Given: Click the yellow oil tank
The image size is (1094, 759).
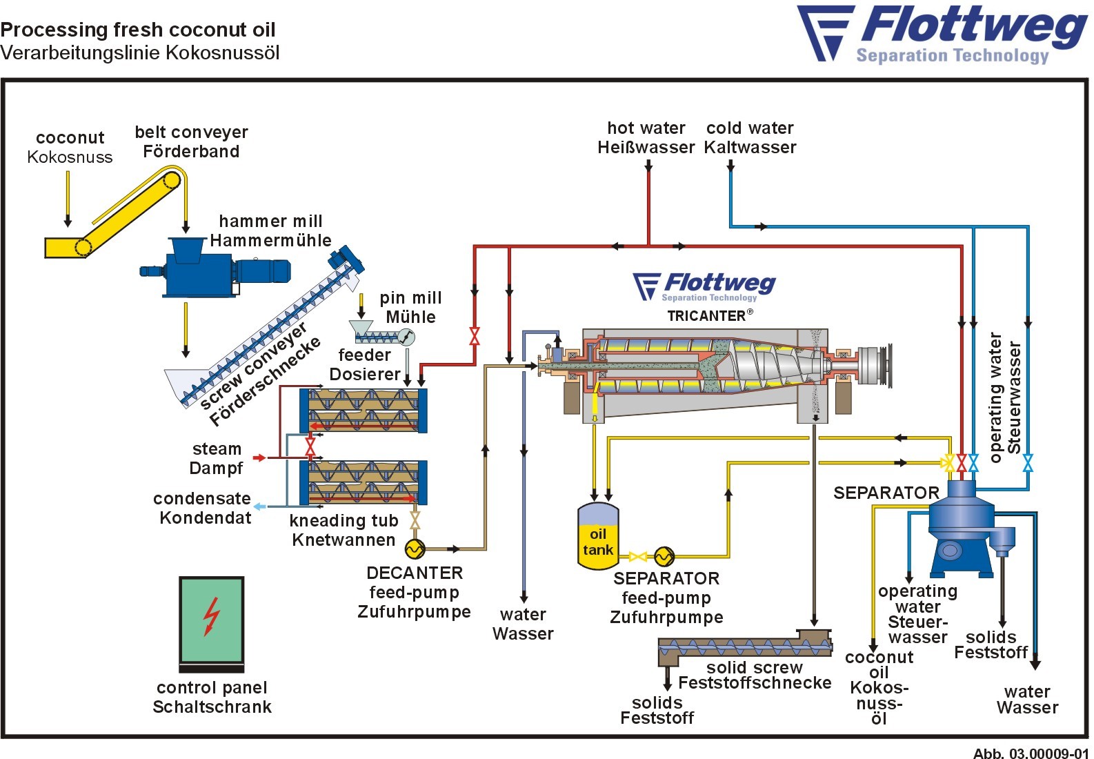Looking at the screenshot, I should (x=597, y=536).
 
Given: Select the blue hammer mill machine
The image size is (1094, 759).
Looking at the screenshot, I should (x=200, y=269).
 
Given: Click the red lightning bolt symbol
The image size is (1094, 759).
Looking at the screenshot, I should (x=212, y=615).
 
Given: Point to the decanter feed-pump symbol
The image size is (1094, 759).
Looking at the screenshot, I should (x=415, y=549).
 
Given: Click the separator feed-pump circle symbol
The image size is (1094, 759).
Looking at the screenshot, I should (x=664, y=556).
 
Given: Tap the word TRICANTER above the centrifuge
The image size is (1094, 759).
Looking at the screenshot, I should (x=706, y=316).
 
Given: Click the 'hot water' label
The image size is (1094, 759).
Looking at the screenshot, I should (x=646, y=128).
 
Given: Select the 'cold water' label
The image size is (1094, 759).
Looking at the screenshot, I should (x=750, y=128).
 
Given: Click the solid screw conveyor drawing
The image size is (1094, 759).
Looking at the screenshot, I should (x=745, y=647).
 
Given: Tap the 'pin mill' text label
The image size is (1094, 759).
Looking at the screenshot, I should (x=410, y=298).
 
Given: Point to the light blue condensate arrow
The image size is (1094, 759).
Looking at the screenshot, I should (x=259, y=506).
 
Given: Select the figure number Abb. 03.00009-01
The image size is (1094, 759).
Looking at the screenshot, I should (x=1031, y=753).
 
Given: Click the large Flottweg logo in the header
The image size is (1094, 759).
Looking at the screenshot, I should (x=942, y=34).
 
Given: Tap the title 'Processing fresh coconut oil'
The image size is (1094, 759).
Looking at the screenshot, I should (x=138, y=30).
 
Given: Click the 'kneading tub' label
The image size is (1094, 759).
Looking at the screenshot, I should (x=344, y=521).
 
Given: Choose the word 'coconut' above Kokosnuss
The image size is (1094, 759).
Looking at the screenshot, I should (x=70, y=138).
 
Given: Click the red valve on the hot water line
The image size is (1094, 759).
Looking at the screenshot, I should (x=475, y=337).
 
